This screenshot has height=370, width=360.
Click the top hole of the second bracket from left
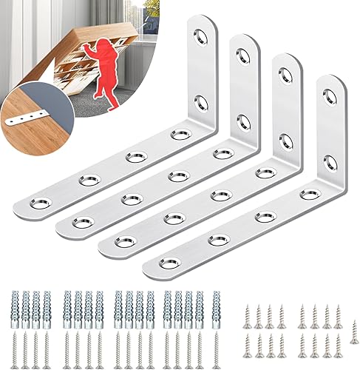(243, 53)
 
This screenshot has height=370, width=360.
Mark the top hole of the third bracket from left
(286, 74)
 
